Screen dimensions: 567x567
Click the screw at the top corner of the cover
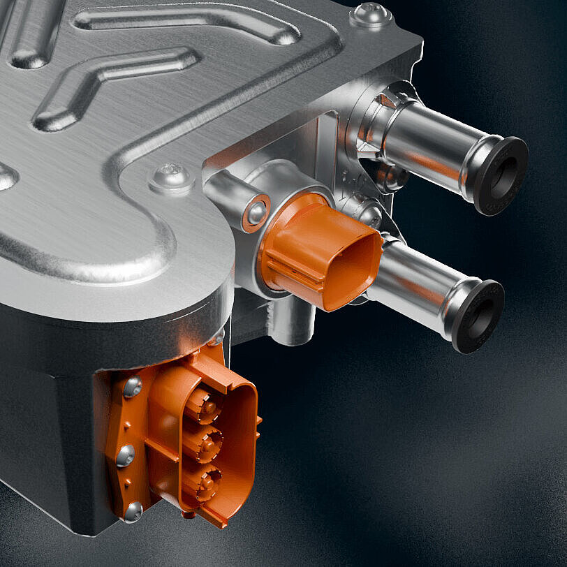370,13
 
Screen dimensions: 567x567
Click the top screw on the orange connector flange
133,387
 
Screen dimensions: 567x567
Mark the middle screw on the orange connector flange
126,455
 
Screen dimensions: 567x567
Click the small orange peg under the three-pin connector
186,515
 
